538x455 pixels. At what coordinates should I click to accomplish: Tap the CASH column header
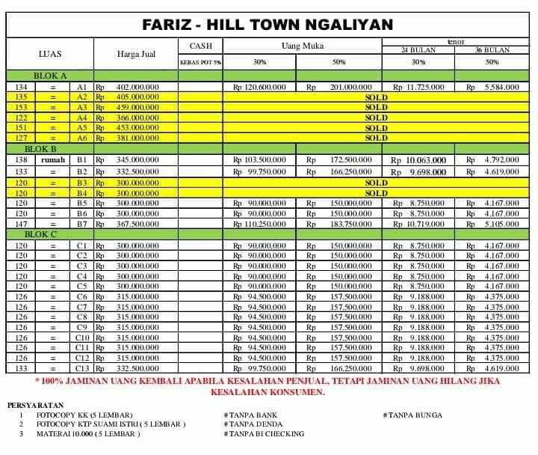coord(200,46)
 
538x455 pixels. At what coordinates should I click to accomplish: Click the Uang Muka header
coord(302,46)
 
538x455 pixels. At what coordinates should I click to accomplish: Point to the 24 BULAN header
coord(418,50)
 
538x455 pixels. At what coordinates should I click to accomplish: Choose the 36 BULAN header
coord(492,50)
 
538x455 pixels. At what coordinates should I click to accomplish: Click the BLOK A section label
coord(50,76)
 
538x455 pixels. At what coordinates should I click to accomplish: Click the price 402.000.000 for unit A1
coord(137,87)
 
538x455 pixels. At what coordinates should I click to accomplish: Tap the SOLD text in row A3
coord(376,108)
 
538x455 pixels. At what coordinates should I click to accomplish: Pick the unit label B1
coord(82,160)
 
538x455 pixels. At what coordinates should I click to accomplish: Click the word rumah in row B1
coord(53,160)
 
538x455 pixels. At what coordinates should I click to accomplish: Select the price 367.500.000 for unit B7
coord(137,224)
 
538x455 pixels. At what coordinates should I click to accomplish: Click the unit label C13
coord(82,368)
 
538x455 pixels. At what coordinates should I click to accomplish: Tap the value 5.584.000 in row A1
coord(501,87)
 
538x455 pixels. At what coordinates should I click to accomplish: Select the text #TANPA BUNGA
coord(412,415)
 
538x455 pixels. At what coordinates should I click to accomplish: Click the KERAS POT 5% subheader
coord(200,63)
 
